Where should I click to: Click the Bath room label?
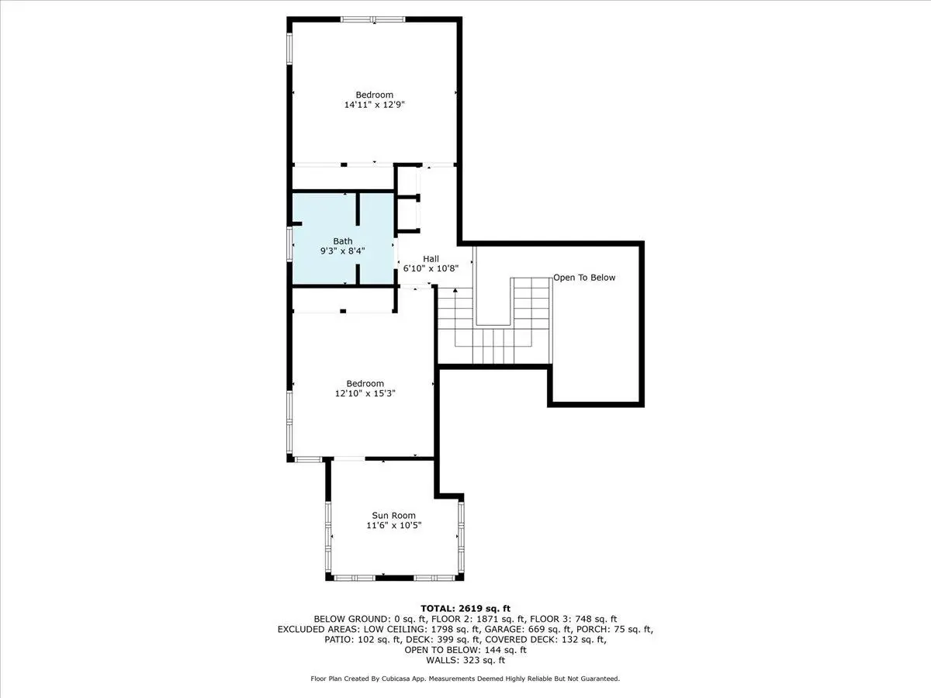coord(343,241)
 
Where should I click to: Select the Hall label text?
coord(431,258)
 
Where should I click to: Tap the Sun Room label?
coord(393,515)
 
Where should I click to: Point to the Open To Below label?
coord(584,278)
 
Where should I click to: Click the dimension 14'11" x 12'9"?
coord(375,104)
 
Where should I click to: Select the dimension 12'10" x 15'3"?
coord(365,393)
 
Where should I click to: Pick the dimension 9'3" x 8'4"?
coord(343,251)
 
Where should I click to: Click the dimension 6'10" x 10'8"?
coord(431,268)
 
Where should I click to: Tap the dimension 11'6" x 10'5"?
coord(394,525)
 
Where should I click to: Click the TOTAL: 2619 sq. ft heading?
coord(465,609)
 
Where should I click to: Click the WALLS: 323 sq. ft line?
coord(465,660)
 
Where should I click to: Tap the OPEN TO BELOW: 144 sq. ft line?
coord(465,650)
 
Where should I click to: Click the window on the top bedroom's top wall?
coord(373,19)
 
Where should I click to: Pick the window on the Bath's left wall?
coord(289,244)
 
